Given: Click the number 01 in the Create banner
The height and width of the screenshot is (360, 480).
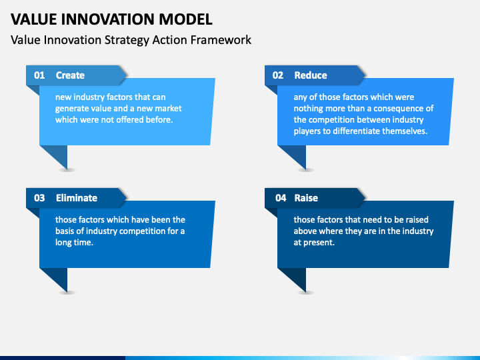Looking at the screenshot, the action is click(x=39, y=75).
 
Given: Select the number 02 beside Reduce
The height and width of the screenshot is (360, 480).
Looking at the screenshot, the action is click(x=277, y=75).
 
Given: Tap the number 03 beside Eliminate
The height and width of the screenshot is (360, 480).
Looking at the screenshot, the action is click(x=39, y=198).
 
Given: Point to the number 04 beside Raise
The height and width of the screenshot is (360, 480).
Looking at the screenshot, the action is click(x=281, y=198).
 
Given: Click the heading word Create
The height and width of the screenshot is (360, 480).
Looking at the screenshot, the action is click(x=70, y=75).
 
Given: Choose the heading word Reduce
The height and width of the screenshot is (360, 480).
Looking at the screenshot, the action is click(x=311, y=75).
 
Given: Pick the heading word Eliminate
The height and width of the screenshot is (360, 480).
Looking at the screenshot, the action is click(x=77, y=198).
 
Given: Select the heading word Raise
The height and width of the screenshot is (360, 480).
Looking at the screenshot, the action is click(x=306, y=198).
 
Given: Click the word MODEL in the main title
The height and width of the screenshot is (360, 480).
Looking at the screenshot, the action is click(x=185, y=19).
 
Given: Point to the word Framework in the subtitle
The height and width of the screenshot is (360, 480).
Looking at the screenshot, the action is click(x=221, y=40).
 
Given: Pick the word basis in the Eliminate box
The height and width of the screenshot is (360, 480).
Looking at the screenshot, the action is click(x=64, y=231).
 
